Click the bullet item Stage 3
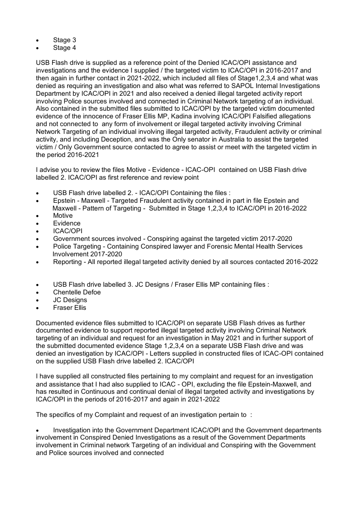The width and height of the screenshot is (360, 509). (64, 40)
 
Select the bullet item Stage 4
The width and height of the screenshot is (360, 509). (64, 48)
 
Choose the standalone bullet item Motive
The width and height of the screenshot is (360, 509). (63, 215)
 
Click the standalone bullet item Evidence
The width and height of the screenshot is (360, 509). (67, 223)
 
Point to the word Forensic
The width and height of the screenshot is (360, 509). (213, 246)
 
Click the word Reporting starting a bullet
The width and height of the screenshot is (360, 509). (68, 262)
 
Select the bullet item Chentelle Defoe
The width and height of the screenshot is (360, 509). (77, 292)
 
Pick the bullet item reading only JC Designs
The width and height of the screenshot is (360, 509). (70, 300)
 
